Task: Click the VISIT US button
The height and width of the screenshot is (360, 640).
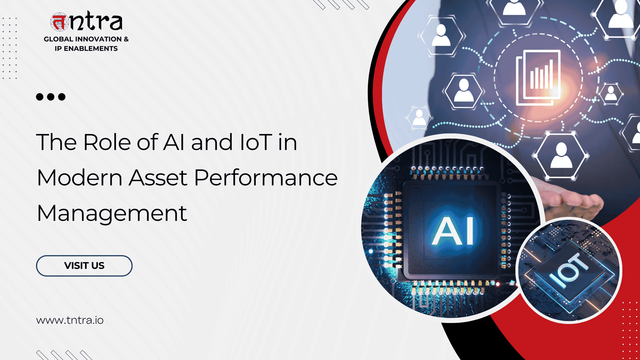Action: coord(84,266)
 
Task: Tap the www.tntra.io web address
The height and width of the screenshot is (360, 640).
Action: coord(70,320)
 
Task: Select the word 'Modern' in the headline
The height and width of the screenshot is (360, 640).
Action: coord(80,178)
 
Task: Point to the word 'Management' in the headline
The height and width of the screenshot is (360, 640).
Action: coord(112,214)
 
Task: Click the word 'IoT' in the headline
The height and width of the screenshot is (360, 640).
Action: coord(256,142)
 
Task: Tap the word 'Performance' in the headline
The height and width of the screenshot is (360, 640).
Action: coord(266,178)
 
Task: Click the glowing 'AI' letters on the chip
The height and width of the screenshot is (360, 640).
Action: coord(453,231)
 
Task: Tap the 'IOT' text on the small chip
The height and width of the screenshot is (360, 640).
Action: coord(569,270)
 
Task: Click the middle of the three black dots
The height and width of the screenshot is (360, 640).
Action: coord(51,97)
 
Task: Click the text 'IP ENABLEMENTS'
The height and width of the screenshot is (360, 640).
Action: coord(86,49)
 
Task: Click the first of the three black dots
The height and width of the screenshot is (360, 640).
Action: coord(40,97)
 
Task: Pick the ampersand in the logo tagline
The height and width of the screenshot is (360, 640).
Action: coord(126,39)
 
